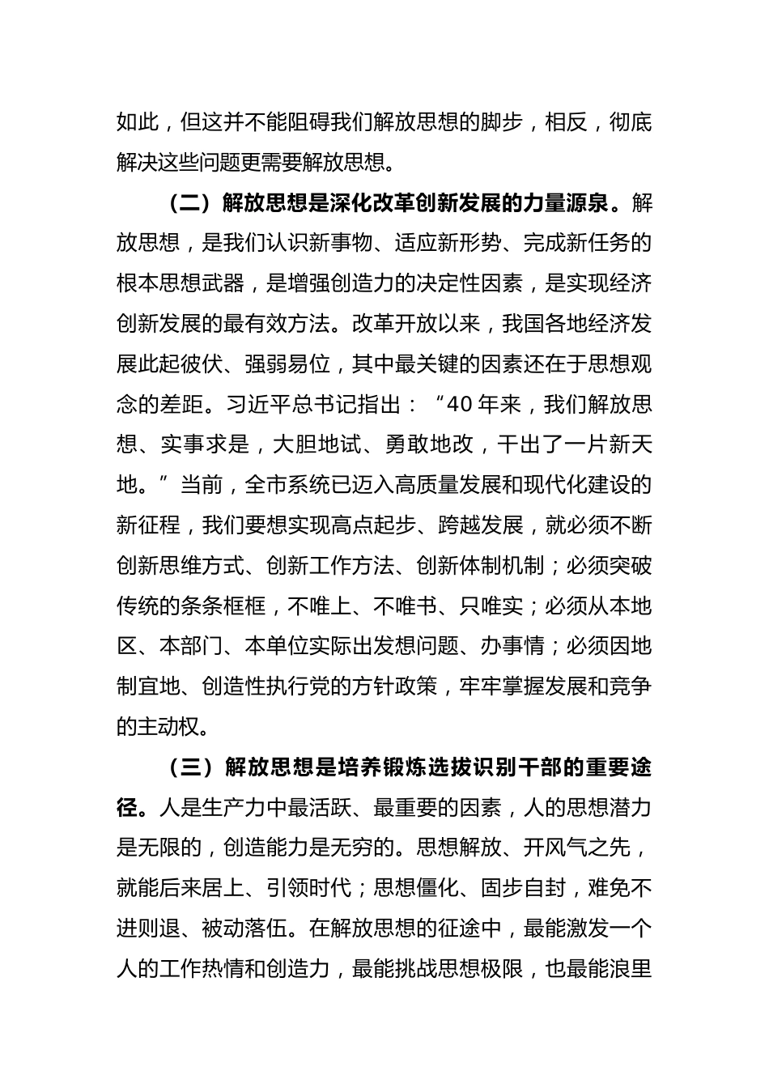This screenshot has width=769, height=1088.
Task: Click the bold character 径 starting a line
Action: (127, 808)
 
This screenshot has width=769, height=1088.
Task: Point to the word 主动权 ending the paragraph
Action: (168, 727)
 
